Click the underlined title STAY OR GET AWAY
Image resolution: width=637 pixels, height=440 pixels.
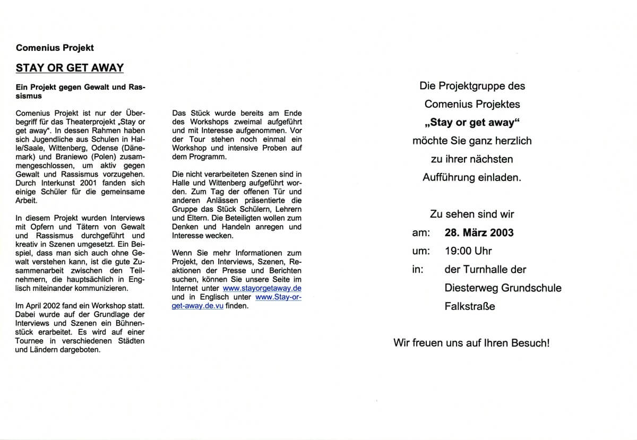coord(70,67)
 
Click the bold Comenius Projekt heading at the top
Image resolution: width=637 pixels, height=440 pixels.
coord(55,48)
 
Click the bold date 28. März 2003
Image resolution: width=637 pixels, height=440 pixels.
coord(479,232)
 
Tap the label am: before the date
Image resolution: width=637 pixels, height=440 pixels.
coord(419,232)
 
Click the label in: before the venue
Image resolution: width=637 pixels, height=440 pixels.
coord(418,269)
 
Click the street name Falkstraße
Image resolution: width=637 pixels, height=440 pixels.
coord(469,306)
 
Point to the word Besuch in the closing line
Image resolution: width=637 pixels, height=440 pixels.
coord(524,342)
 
